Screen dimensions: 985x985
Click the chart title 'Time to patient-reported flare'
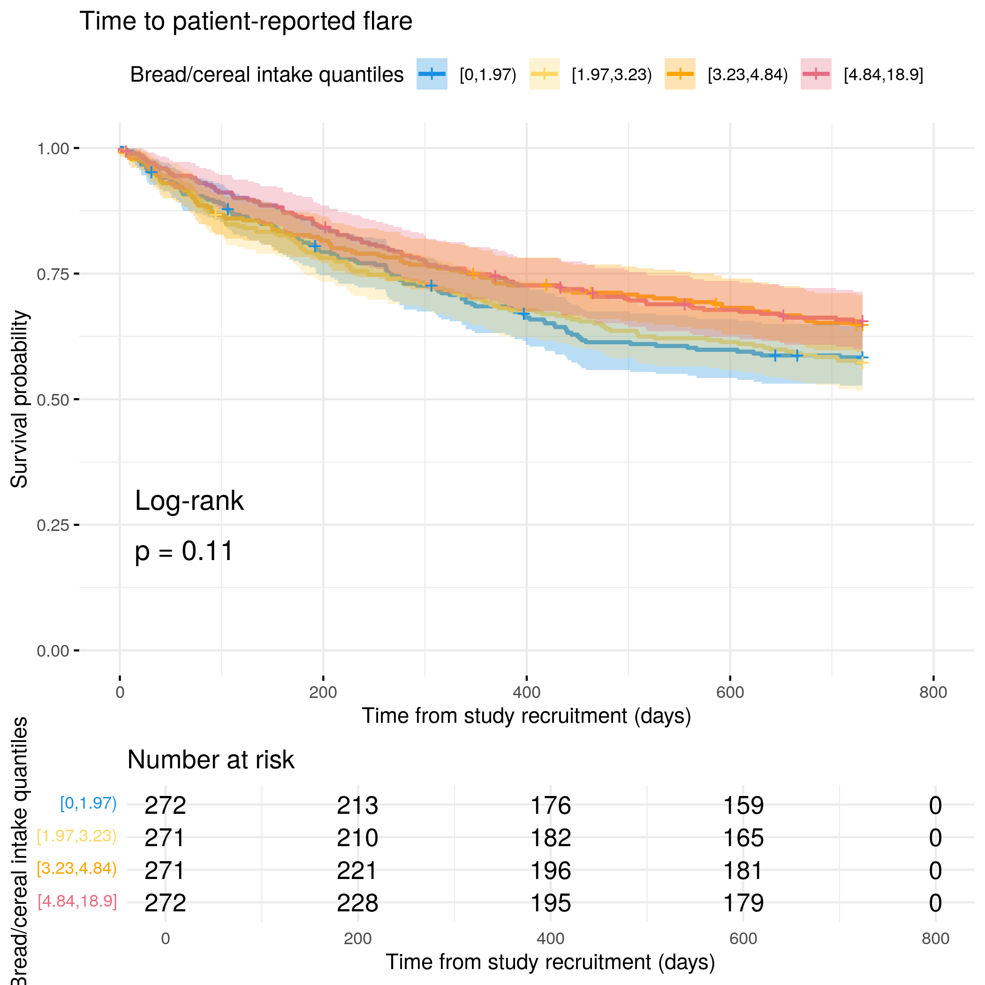click(x=246, y=22)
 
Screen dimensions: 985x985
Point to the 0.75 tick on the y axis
click(x=53, y=274)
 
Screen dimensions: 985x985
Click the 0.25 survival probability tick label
click(x=53, y=525)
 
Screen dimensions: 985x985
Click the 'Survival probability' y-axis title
click(x=19, y=399)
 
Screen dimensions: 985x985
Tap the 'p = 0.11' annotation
click(x=184, y=551)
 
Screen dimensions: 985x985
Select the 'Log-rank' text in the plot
click(x=189, y=500)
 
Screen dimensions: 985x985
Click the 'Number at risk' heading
click(x=211, y=760)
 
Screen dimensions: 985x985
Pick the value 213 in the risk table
click(x=357, y=805)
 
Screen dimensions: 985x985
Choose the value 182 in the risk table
click(x=551, y=838)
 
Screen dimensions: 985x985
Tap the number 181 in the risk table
click(x=743, y=870)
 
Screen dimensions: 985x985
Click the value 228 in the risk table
click(x=357, y=903)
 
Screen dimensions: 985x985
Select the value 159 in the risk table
click(x=743, y=805)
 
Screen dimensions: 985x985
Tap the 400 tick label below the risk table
click(x=550, y=939)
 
